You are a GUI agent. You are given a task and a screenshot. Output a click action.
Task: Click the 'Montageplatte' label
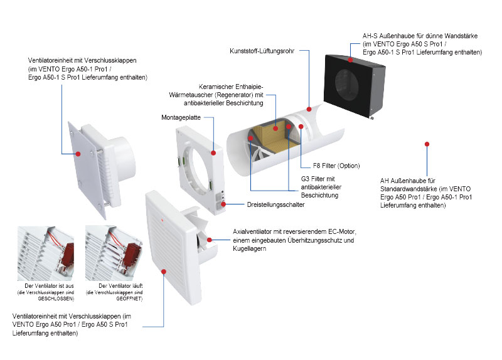(179, 117)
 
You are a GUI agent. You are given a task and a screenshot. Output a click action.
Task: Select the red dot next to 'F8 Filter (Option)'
(301, 126)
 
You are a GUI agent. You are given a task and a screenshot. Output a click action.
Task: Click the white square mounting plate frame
(198, 163)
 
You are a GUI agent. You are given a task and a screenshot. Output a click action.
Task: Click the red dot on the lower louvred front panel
(164, 272)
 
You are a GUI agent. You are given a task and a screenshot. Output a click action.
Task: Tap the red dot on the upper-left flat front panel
(79, 152)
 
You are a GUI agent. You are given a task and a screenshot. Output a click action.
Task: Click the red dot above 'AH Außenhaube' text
(427, 144)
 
